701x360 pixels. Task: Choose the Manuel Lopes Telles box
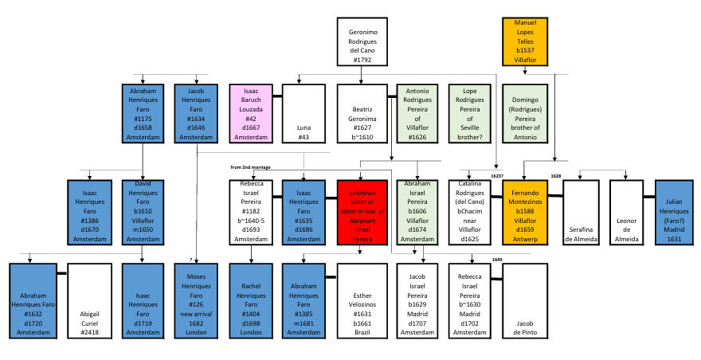(x=526, y=41)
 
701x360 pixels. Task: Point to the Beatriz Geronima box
(x=362, y=113)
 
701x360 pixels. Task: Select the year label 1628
(x=556, y=175)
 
